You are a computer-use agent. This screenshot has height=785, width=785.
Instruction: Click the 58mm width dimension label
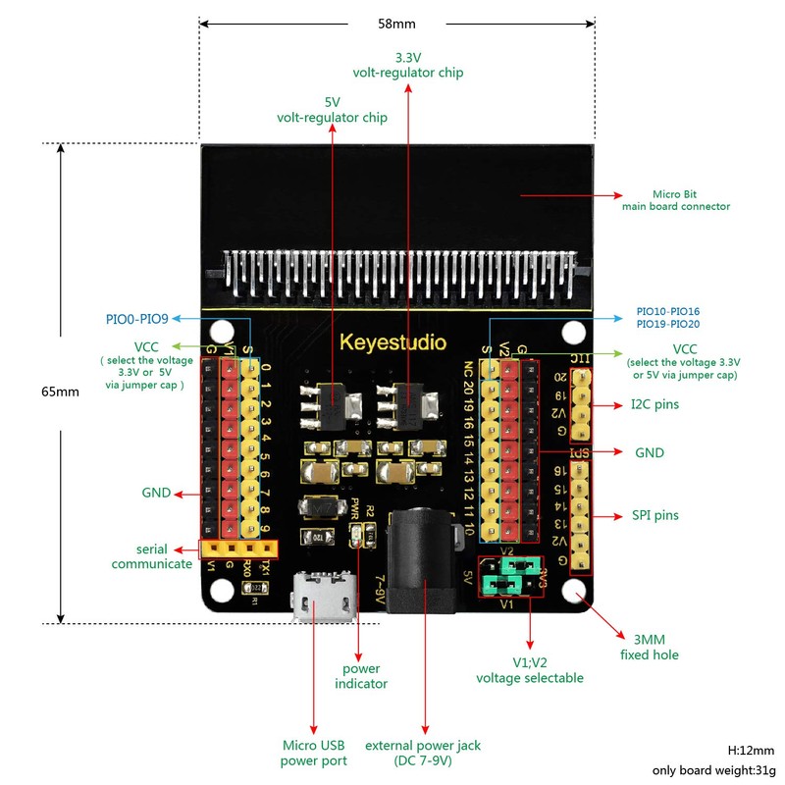click(397, 22)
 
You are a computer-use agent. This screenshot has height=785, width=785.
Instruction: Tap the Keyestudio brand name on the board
click(392, 342)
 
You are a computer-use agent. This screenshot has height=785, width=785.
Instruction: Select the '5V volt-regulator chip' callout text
click(332, 110)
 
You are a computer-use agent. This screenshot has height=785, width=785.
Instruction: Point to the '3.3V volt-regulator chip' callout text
click(408, 65)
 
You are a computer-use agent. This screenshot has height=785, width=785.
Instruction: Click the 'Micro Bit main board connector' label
click(676, 200)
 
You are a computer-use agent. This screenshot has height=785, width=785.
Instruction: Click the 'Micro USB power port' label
click(313, 753)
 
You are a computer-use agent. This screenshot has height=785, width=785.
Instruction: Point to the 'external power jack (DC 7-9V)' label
click(423, 753)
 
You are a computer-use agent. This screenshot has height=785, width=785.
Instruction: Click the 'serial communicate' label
click(152, 556)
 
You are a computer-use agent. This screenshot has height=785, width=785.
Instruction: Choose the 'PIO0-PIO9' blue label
click(137, 318)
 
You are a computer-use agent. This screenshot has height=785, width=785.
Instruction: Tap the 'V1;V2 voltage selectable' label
click(530, 669)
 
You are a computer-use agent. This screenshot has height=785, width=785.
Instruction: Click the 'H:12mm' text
click(751, 750)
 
